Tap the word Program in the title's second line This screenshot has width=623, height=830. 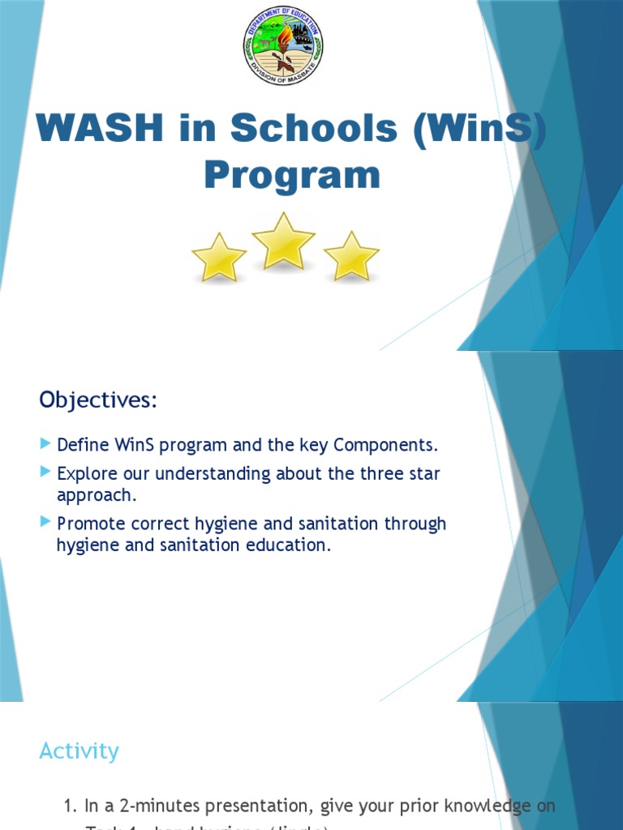point(291,174)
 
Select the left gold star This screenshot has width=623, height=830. point(219,258)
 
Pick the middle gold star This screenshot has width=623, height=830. point(283,242)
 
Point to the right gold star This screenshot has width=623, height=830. point(351,257)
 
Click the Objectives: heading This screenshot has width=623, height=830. point(98,400)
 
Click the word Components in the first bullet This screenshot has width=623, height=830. point(385,445)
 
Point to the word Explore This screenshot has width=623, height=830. point(86,473)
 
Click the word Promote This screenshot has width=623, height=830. point(89,524)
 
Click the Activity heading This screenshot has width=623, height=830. point(79,751)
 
